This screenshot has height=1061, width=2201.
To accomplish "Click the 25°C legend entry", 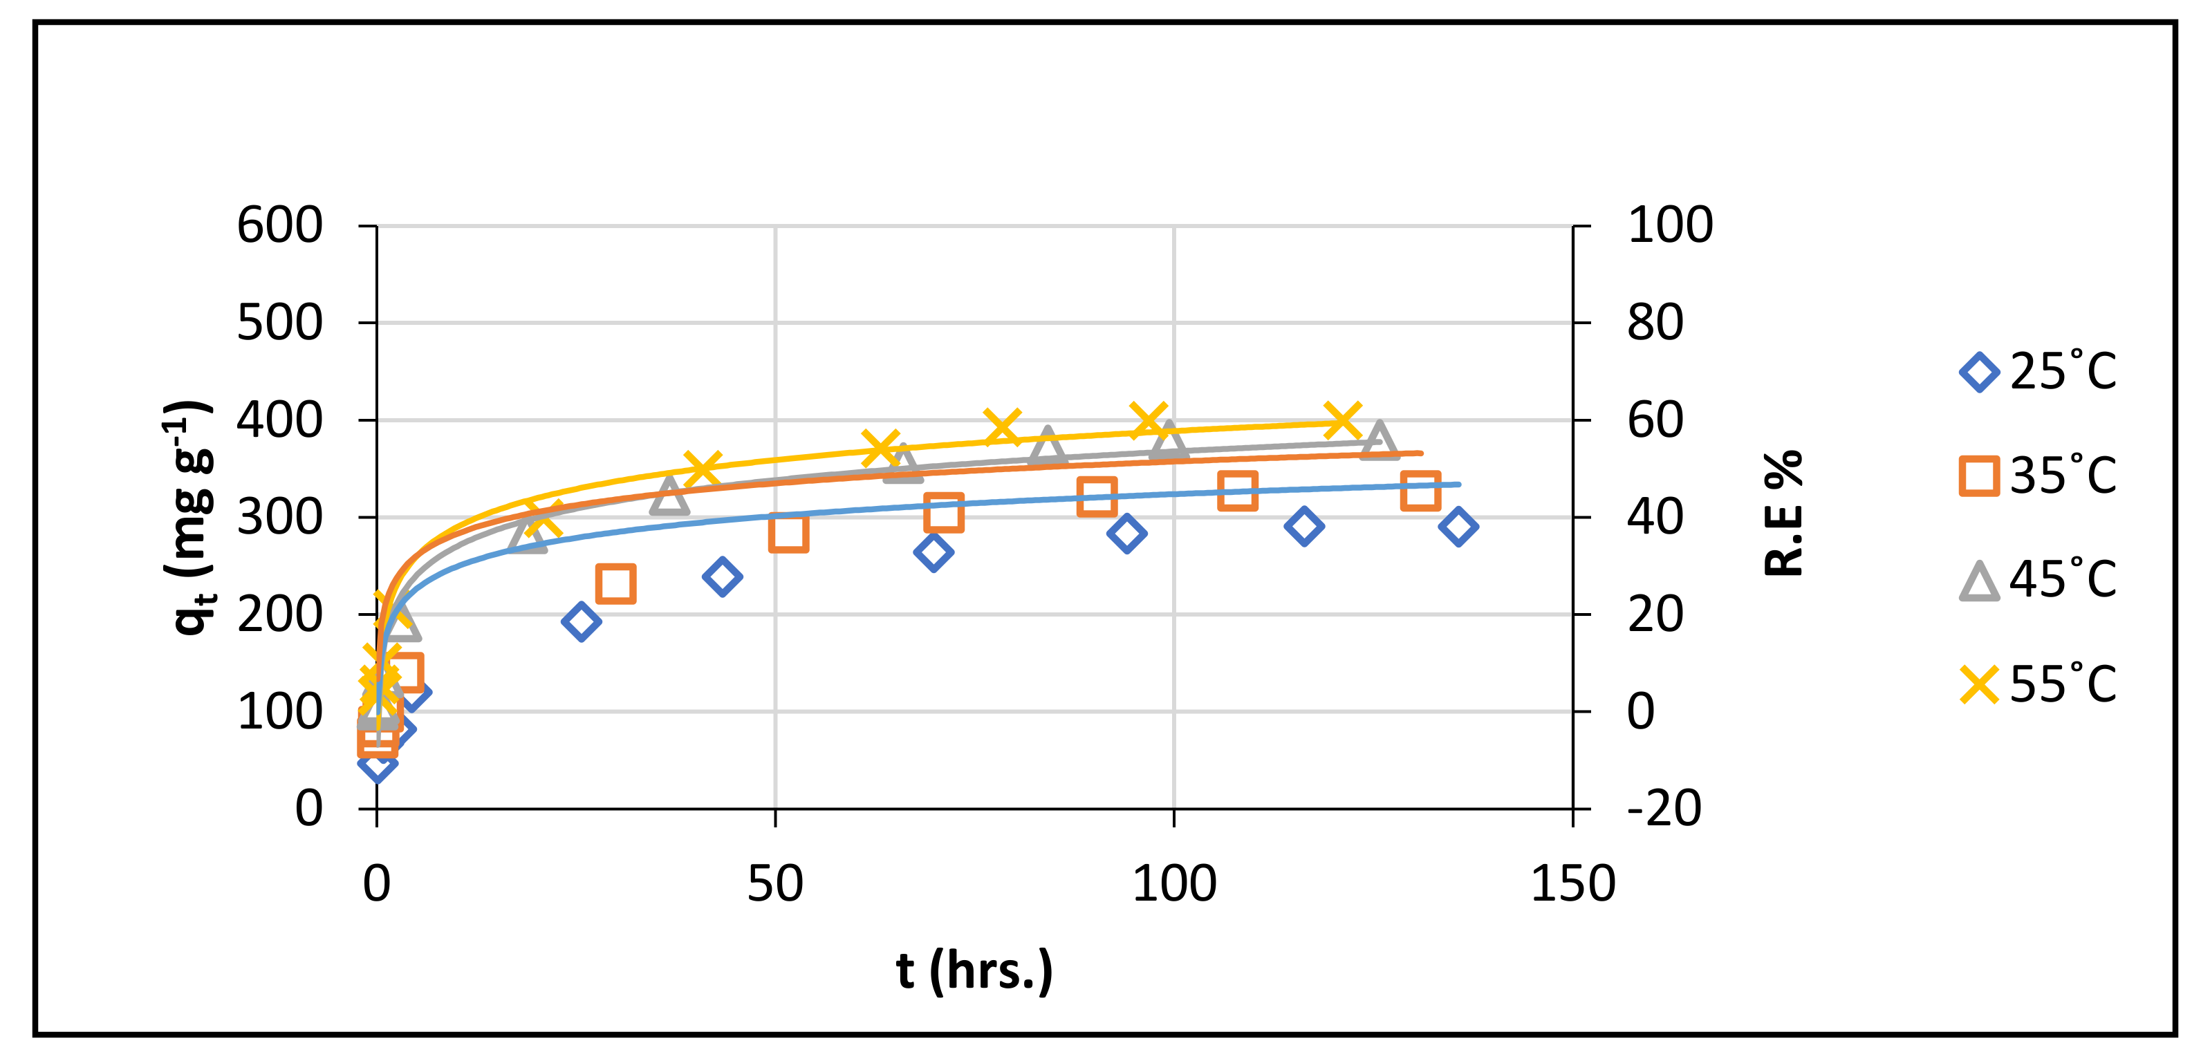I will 2038,372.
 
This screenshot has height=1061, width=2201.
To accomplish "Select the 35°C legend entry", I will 2038,476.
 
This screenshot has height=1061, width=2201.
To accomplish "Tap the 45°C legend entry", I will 2038,580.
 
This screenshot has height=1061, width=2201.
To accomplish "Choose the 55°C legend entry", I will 2038,684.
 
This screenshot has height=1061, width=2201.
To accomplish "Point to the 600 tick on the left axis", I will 279,225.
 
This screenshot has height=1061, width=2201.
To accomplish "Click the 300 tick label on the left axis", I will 279,517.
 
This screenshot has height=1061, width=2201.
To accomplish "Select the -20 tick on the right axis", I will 1664,808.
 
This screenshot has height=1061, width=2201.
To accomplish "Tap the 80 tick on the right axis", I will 1655,323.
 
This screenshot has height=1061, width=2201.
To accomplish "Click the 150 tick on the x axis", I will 1572,883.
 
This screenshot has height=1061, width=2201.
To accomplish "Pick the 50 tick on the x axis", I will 775,883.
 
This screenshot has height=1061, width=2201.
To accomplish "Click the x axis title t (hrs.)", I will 974,970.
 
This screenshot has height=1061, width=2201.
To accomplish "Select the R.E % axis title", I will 1784,513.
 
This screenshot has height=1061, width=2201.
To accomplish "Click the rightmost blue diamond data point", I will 1458,526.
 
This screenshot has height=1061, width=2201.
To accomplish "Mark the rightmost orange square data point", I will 1420,491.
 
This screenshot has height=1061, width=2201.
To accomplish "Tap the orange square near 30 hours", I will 615,584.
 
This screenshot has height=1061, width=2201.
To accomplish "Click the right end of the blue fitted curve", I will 1458,485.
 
